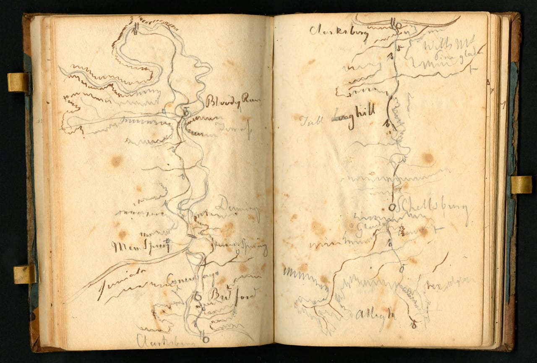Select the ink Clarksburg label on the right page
click(x=339, y=32)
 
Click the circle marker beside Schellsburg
click(x=392, y=207)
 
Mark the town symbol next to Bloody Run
click(x=186, y=111)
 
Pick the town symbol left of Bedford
click(x=198, y=296)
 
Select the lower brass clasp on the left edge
click(x=24, y=274)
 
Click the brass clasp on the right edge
click(x=521, y=185)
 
